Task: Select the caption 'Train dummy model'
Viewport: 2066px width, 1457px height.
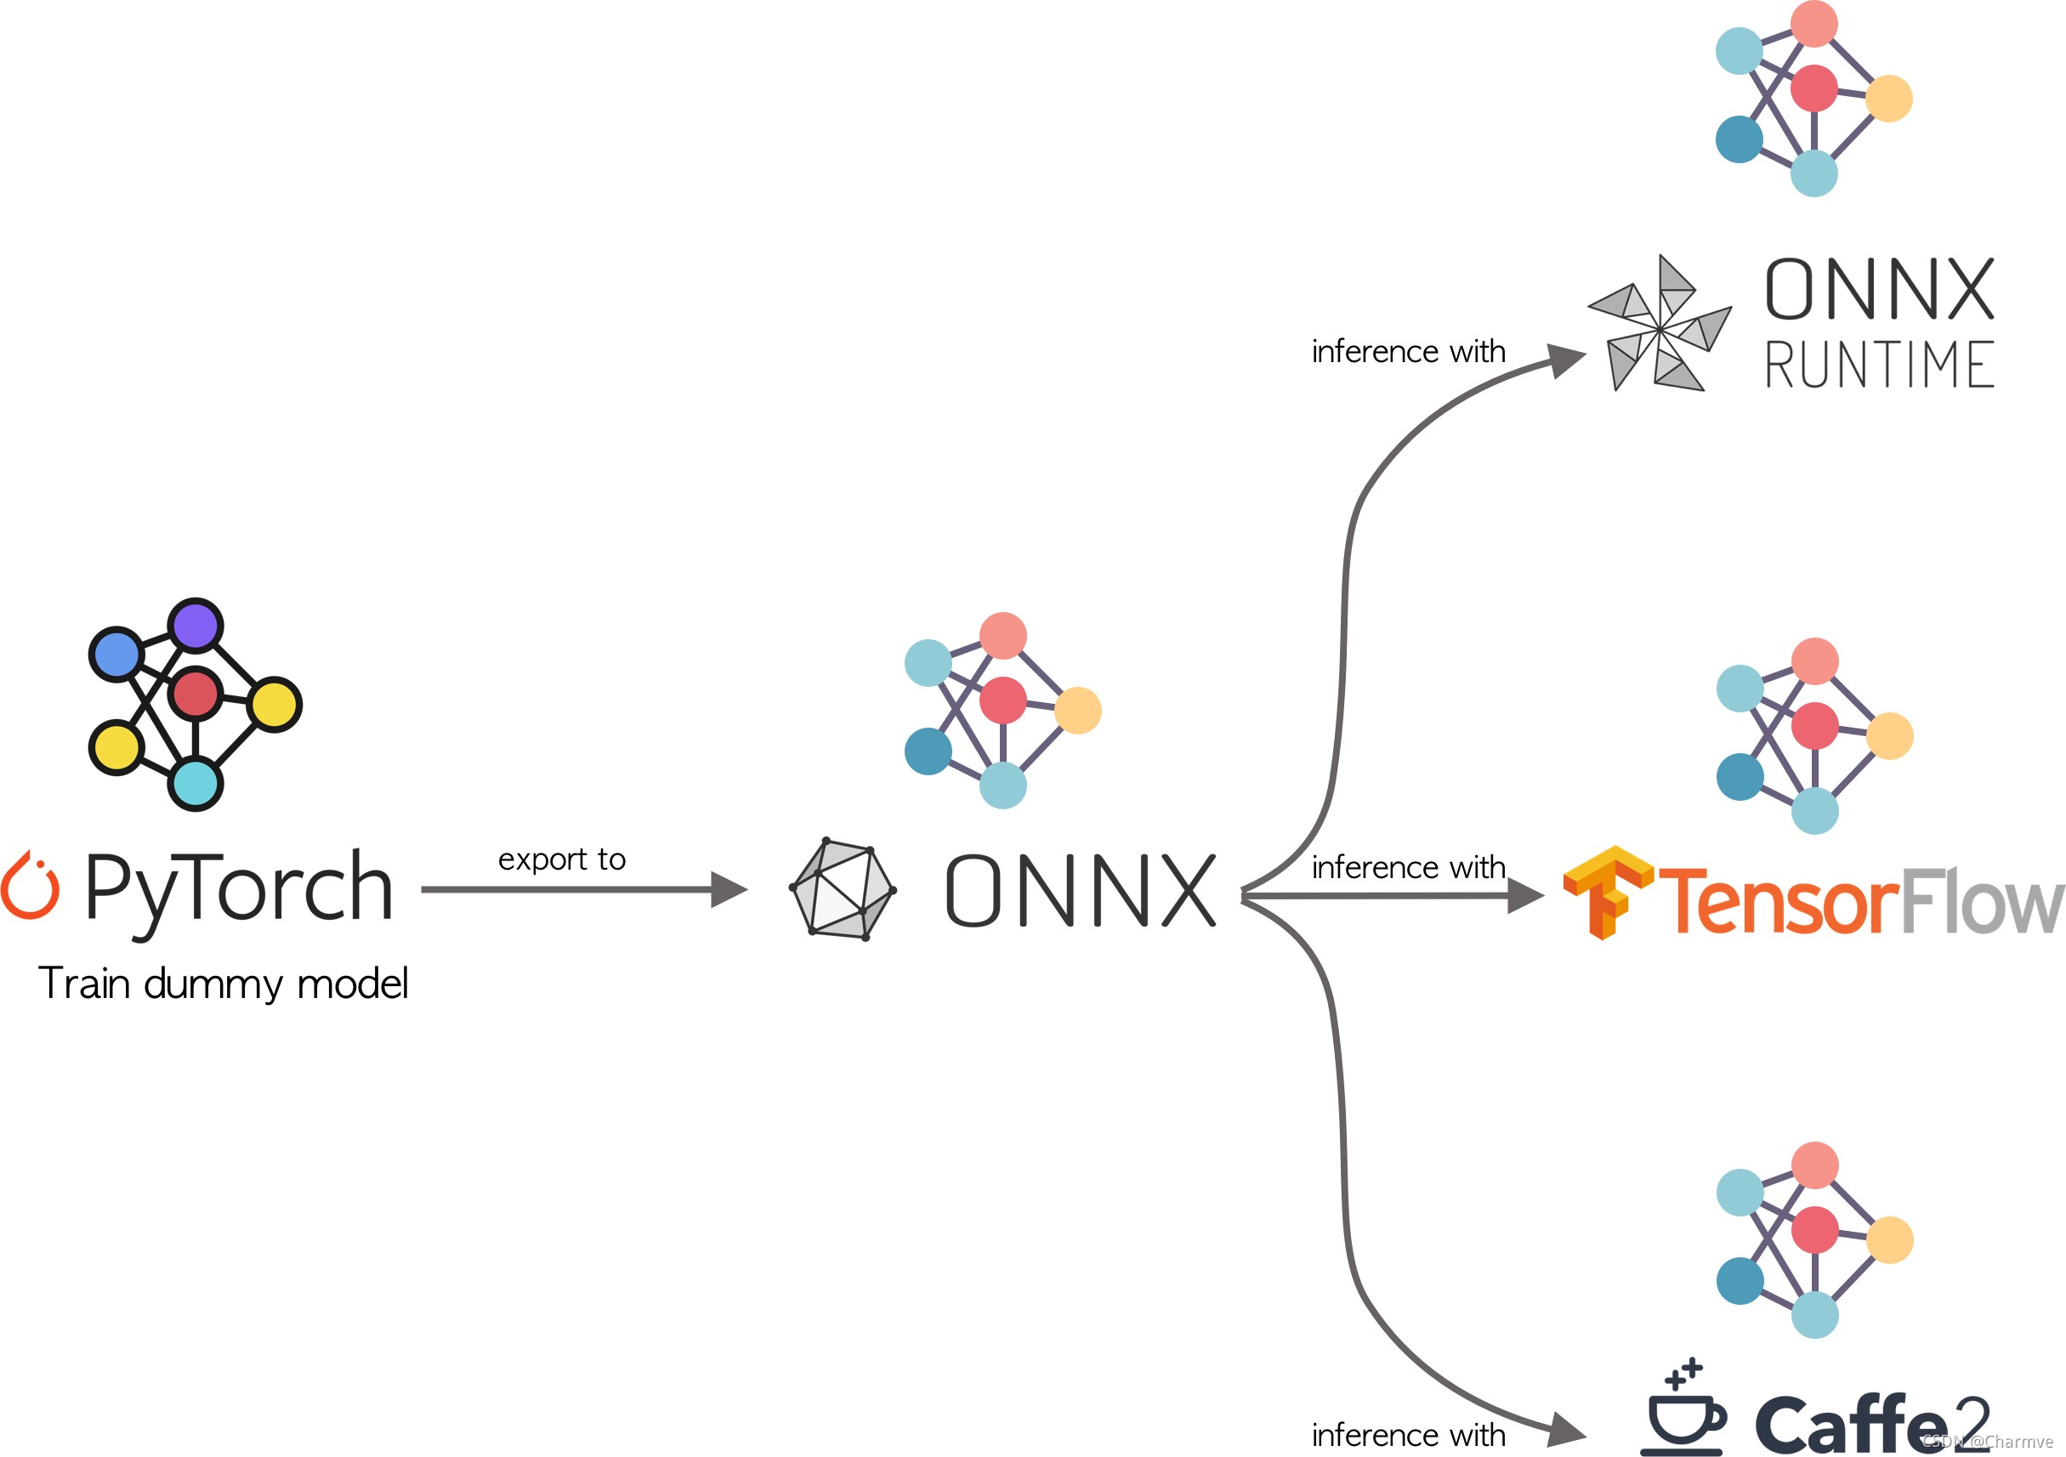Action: tap(223, 984)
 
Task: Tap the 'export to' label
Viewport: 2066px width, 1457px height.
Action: tap(561, 859)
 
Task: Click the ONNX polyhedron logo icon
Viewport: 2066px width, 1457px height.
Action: tap(843, 889)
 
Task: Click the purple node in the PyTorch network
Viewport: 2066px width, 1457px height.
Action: tap(196, 625)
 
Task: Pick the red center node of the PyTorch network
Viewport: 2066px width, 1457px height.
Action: tap(196, 694)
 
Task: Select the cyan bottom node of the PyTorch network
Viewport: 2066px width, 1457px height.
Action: tap(196, 783)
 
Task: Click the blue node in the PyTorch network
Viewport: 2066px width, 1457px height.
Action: tap(116, 655)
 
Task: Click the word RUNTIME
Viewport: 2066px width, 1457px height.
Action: tap(1879, 366)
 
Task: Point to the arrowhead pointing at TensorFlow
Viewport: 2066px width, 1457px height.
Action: tap(1525, 895)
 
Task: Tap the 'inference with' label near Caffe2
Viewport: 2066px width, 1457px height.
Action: tap(1408, 1435)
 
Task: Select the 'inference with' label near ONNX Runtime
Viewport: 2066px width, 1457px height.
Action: tap(1408, 351)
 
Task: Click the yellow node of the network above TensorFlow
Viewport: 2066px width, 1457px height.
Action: tap(1890, 736)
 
